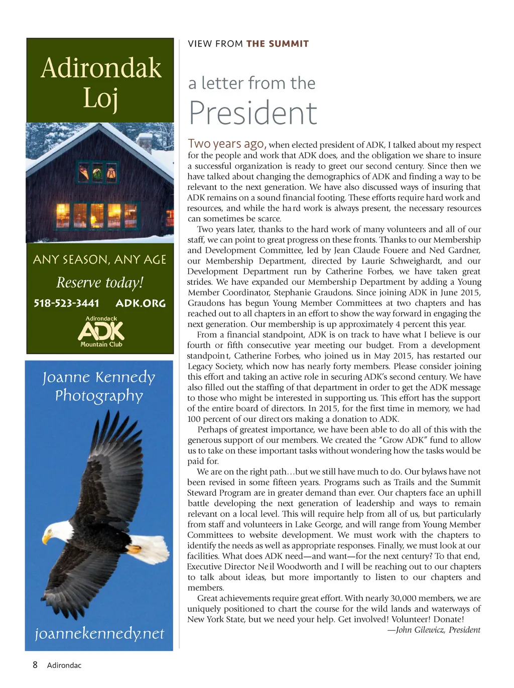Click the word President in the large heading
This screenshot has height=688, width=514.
(253, 113)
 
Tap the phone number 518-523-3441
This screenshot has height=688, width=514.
(66, 303)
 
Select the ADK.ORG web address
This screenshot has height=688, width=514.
(141, 303)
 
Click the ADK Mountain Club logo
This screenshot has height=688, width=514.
(101, 331)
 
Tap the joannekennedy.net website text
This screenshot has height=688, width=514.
(99, 633)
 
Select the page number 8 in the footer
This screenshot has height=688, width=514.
(35, 665)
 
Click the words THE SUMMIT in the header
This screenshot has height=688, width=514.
(278, 44)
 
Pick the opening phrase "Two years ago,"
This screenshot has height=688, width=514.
(227, 144)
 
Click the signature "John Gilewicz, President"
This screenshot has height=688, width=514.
(438, 630)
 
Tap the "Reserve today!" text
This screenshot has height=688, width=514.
(100, 282)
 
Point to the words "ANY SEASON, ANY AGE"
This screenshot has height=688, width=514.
(99, 260)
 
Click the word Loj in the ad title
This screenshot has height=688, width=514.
(100, 98)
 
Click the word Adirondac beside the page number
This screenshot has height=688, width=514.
(64, 665)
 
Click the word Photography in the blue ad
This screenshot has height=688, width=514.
(99, 396)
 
